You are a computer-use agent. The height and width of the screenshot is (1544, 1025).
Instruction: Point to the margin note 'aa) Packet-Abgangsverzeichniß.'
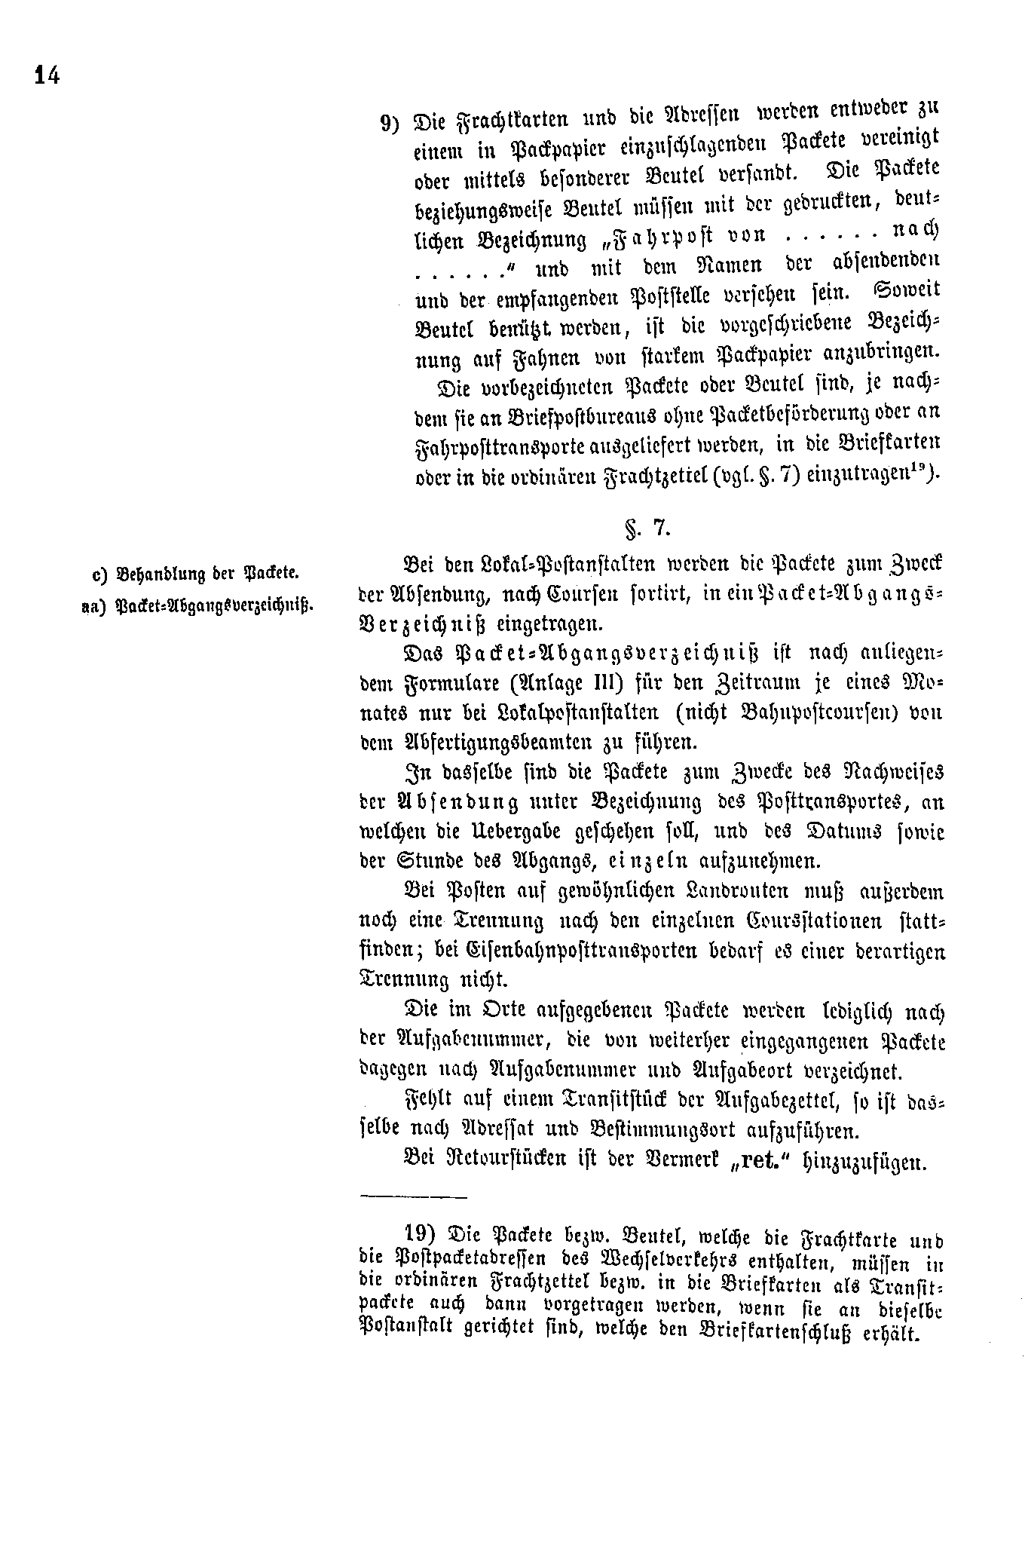click(x=197, y=606)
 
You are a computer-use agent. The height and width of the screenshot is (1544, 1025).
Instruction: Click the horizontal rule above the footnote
click(x=414, y=1196)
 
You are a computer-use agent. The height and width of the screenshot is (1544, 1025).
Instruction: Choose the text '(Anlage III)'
click(x=552, y=685)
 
